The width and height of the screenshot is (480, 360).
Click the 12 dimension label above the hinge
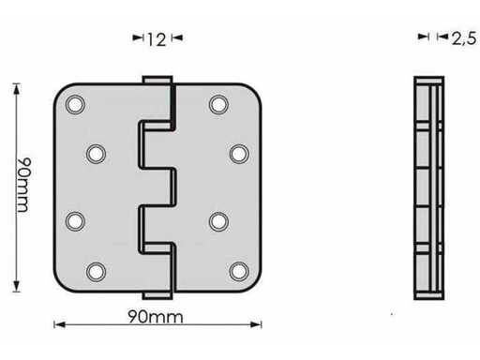157,39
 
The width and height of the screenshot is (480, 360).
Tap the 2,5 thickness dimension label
464,38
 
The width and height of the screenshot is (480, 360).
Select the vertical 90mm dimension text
23,185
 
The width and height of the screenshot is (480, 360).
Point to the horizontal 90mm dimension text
156,317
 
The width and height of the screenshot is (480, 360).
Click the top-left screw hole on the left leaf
75,104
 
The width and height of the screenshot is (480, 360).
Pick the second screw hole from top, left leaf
96,154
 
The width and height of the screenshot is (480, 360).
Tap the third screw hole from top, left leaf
75,221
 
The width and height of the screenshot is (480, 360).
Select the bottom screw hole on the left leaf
96,272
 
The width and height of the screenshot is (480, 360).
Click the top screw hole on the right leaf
218,104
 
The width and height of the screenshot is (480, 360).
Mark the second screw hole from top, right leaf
239,154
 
